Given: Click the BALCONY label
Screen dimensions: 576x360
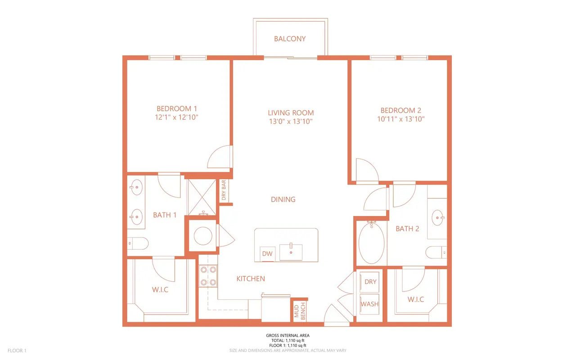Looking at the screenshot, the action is [290, 39].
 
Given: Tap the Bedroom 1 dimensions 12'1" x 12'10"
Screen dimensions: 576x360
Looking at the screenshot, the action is [176, 117].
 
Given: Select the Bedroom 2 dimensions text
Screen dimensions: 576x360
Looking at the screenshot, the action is [400, 119].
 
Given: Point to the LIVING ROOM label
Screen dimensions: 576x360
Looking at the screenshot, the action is [291, 112].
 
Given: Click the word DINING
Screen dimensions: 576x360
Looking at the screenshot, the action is [283, 199].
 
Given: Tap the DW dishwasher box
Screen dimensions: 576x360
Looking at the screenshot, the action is [267, 254].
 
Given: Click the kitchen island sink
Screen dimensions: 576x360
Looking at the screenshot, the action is [291, 252].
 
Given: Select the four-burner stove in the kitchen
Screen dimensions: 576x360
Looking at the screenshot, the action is [208, 276].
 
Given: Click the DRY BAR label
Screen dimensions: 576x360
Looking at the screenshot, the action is [224, 190].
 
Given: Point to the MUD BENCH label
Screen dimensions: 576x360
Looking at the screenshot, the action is [300, 311].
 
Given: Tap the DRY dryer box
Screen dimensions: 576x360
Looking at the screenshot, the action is [369, 282].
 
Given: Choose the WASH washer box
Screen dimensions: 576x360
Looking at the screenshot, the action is [369, 304].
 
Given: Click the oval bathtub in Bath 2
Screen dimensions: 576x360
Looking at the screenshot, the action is [372, 243].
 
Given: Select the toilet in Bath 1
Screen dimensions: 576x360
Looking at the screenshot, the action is [138, 243].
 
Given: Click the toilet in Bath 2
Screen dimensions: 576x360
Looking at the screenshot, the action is [436, 252].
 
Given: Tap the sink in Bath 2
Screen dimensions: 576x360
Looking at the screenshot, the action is [438, 218].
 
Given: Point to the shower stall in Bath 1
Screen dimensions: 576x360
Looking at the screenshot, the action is [202, 197].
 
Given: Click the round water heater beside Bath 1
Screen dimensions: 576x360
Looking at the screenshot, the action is [203, 236].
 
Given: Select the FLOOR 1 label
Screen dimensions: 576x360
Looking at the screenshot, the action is [17, 351].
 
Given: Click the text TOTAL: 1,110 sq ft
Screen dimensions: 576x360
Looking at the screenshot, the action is [288, 341].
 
